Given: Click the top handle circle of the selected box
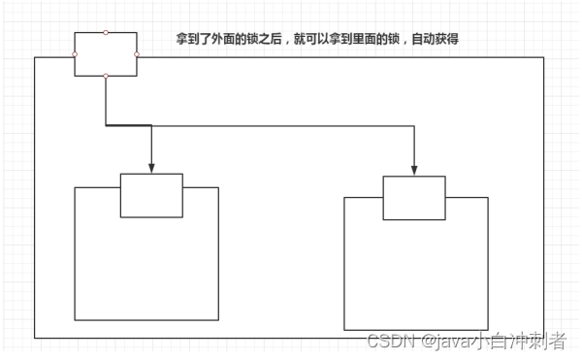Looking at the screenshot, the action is (x=106, y=32).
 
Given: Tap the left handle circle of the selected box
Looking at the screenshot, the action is (x=75, y=53).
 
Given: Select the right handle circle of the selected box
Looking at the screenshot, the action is (x=137, y=53).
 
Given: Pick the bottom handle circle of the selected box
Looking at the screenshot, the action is (x=106, y=76).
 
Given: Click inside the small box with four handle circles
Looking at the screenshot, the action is (x=106, y=53).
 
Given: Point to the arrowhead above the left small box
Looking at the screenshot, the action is (x=151, y=168).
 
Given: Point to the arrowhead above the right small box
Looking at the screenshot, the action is (x=414, y=171).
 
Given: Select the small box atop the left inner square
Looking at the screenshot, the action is (x=151, y=195).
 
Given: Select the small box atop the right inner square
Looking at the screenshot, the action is (x=414, y=198).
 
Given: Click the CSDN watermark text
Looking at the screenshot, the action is (x=390, y=341).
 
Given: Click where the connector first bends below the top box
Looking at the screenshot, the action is (x=106, y=124).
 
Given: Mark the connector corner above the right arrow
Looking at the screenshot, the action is (x=414, y=124).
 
